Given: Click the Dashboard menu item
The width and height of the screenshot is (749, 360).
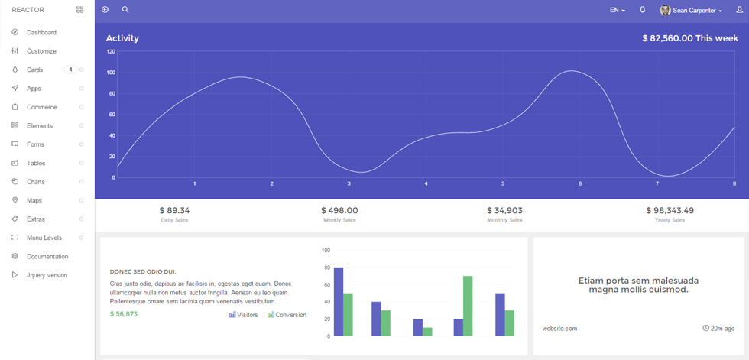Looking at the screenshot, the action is [x=41, y=32].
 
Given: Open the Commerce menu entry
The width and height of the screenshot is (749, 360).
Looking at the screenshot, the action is [x=41, y=107].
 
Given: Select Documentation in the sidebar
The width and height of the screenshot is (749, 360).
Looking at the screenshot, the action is [x=47, y=256].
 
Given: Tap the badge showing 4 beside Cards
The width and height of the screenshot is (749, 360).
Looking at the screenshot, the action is [x=70, y=70].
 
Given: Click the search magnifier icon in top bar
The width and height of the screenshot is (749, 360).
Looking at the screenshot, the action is [x=125, y=9].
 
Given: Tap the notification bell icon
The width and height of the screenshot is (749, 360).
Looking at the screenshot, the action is [x=643, y=9].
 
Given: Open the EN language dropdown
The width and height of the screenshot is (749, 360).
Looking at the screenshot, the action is [x=618, y=10].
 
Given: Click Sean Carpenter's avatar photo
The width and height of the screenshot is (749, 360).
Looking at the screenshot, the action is [x=665, y=10].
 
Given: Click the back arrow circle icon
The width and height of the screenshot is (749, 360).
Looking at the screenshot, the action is [x=105, y=9].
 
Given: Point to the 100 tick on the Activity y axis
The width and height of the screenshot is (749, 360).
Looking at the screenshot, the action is [x=111, y=73].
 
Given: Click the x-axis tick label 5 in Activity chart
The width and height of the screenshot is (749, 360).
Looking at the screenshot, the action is [x=503, y=183].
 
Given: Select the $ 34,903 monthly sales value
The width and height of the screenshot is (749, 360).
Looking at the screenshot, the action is [x=504, y=210].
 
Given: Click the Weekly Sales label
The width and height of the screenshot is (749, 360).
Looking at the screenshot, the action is [x=339, y=220].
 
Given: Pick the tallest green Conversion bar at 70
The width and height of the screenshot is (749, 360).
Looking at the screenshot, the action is [x=468, y=306].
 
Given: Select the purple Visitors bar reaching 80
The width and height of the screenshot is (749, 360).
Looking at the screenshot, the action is [x=339, y=302].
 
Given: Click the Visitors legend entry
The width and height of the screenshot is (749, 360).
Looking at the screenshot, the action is [x=244, y=315].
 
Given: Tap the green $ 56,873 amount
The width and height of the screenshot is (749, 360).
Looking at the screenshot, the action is [x=124, y=313].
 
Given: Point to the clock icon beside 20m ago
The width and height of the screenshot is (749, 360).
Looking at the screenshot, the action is [x=706, y=328].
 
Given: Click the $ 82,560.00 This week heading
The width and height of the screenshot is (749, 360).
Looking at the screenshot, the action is [x=690, y=38].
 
